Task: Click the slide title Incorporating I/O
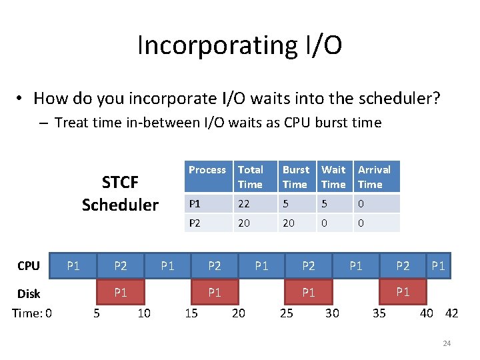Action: [239, 45]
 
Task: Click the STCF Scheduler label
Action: [120, 193]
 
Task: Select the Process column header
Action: [207, 170]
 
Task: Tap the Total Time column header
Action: [251, 177]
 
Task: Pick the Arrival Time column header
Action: [374, 177]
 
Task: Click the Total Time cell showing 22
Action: [244, 204]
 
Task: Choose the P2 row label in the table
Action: [194, 223]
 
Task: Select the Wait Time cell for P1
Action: [324, 204]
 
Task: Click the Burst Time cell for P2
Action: [289, 223]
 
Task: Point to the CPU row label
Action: [28, 266]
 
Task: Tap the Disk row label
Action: [28, 293]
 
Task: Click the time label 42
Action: [451, 313]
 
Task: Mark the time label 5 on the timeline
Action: [96, 313]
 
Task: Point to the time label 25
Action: [286, 313]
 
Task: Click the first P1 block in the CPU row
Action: [73, 266]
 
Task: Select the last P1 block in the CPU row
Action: [438, 266]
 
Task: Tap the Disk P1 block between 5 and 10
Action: [120, 291]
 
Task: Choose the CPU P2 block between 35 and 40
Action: [403, 266]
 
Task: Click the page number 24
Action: [447, 343]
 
